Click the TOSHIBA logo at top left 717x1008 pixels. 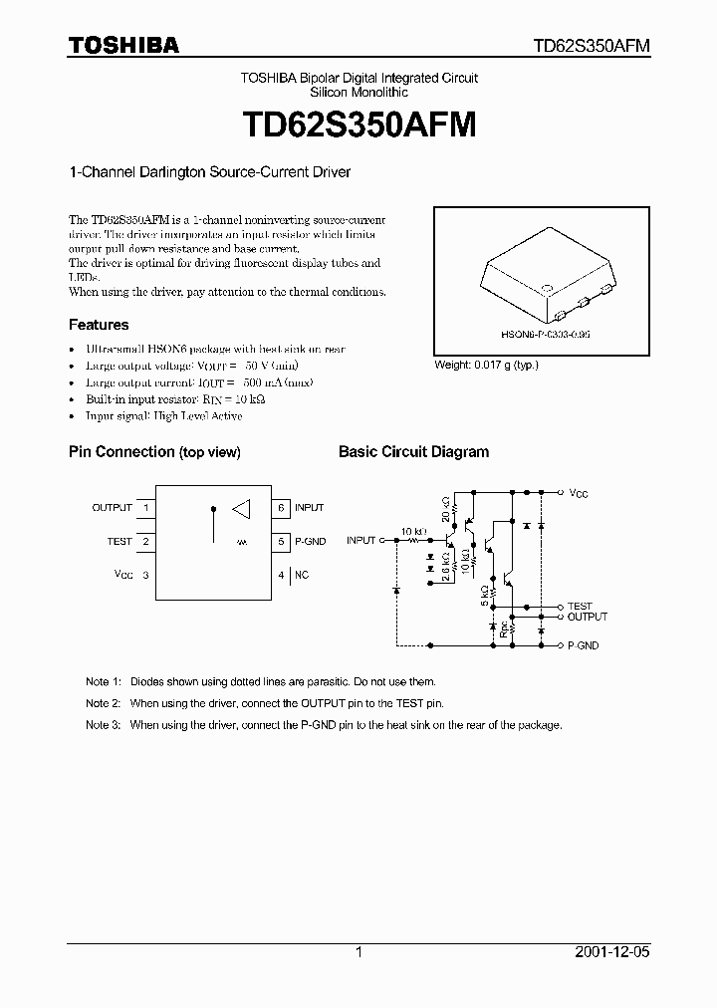click(123, 45)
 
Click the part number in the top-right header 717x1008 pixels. click(592, 46)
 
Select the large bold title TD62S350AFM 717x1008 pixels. click(359, 125)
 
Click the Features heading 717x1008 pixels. click(99, 325)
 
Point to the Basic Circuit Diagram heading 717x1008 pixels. click(413, 452)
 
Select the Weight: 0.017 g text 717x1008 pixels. click(486, 366)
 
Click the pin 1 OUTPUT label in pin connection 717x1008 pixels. click(112, 508)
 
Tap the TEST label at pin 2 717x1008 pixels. click(119, 542)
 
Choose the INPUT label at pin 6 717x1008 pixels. click(309, 508)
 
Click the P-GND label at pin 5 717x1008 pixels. click(310, 542)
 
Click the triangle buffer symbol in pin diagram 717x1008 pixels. click(241, 509)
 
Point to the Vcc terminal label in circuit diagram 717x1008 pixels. click(579, 492)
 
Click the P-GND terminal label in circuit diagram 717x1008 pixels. click(583, 646)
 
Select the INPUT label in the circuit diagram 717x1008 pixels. click(360, 540)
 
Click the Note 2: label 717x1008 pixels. click(104, 703)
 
